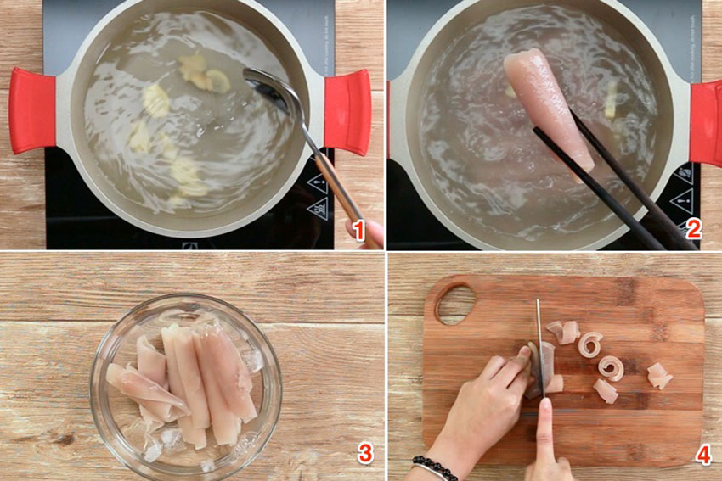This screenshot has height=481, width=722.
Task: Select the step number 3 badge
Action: pyautogui.click(x=365, y=454)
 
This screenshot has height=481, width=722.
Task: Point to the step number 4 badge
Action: pyautogui.click(x=702, y=454)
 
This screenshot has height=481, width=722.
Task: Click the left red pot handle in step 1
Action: pyautogui.click(x=32, y=110)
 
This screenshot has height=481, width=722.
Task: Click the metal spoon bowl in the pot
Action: pyautogui.click(x=270, y=87)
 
